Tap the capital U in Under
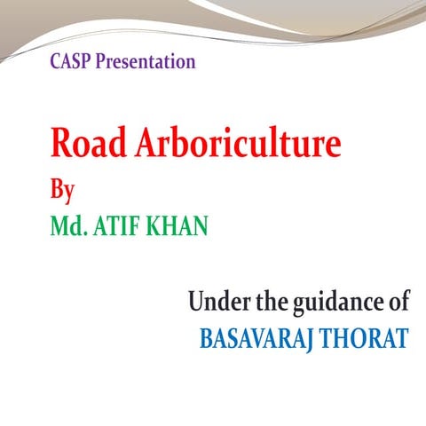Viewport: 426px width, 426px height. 194,303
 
